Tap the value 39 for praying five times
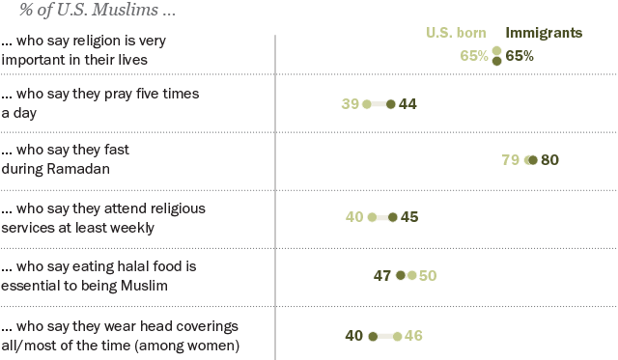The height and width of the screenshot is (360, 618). point(350,104)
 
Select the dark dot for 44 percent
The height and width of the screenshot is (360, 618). point(390,104)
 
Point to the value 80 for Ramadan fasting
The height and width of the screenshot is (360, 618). point(549,160)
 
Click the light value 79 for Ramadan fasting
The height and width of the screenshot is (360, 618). point(511,160)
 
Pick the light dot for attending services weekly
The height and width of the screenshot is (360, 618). point(372,217)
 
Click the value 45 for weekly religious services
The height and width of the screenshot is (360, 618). point(409,217)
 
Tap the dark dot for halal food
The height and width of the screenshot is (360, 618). point(401,275)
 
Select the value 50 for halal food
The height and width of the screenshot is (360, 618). point(428,275)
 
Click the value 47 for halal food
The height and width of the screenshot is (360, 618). point(382,275)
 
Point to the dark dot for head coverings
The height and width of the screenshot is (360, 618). point(372,336)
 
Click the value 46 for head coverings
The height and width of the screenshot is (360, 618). point(413,336)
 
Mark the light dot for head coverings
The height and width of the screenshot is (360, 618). point(397,336)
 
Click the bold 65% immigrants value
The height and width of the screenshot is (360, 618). point(520,56)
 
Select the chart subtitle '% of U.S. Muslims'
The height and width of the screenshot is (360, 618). point(72,11)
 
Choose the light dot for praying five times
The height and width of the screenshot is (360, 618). point(367,104)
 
